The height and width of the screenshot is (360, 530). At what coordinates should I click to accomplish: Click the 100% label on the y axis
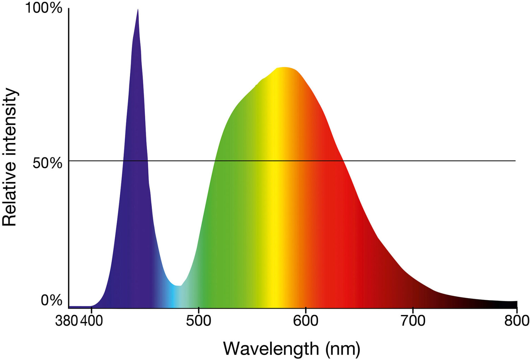click(x=43, y=8)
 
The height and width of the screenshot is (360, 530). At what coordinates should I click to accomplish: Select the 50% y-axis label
click(x=47, y=163)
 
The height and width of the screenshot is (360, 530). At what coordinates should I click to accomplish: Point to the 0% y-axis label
click(x=51, y=300)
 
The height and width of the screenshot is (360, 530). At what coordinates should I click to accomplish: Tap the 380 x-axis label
click(x=66, y=321)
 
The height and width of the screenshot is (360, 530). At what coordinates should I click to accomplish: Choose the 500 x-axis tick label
click(x=199, y=321)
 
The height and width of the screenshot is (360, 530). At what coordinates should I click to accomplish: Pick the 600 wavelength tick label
click(x=305, y=321)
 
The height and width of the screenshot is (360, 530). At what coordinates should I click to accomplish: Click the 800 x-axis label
click(x=517, y=321)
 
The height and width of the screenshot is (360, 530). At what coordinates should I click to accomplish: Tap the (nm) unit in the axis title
click(x=343, y=349)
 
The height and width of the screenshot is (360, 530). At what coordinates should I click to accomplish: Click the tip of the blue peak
click(x=138, y=10)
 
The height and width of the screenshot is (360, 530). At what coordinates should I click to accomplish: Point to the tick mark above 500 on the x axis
click(x=199, y=310)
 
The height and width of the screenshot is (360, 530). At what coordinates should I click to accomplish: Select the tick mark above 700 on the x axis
click(x=413, y=310)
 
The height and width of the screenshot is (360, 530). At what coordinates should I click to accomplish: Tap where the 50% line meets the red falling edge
click(x=343, y=161)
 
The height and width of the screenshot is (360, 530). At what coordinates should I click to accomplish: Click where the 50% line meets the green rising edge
click(x=214, y=161)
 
